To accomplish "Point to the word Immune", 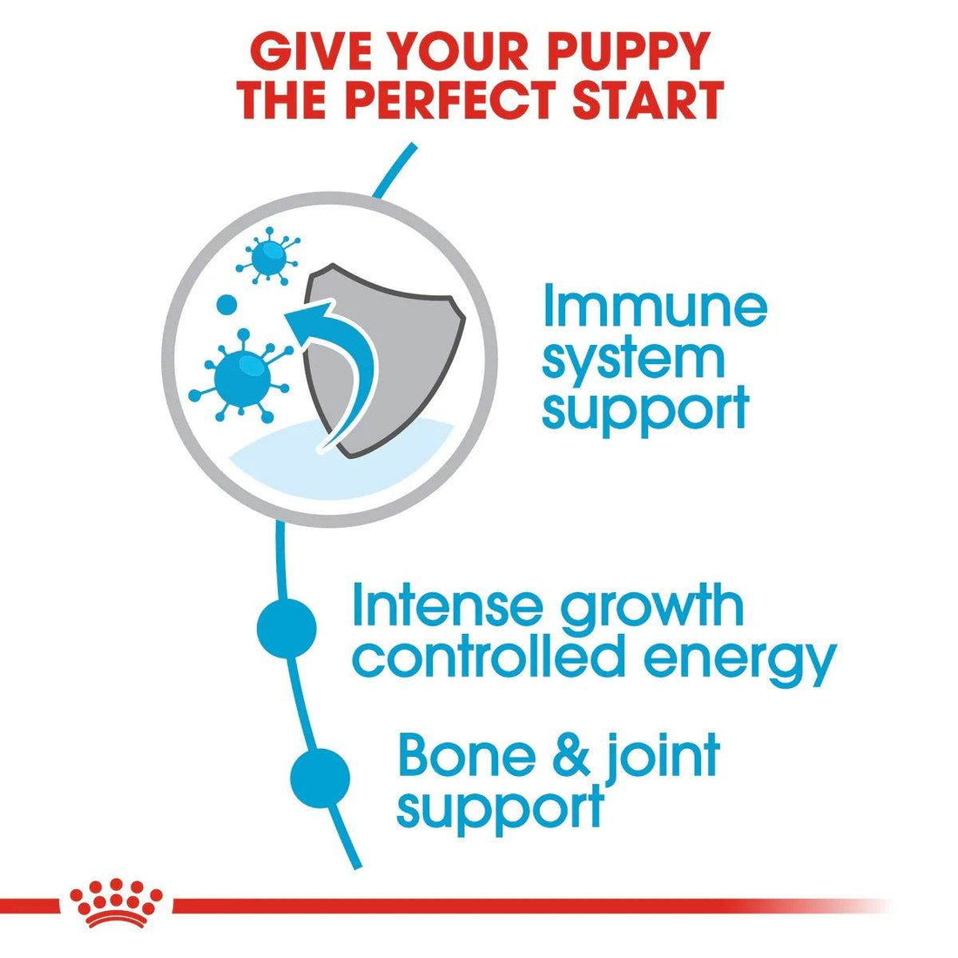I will coord(654,307).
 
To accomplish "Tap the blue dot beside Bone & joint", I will coord(320,773).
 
